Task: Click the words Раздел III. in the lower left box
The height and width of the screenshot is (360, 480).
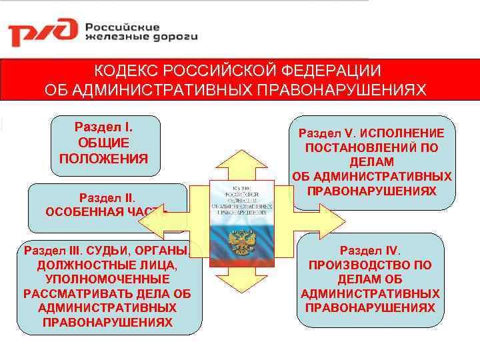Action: click(x=51, y=251)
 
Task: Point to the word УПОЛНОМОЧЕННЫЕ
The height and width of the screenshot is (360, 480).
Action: click(x=107, y=280)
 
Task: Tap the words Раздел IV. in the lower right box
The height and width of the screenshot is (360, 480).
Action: click(x=370, y=251)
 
